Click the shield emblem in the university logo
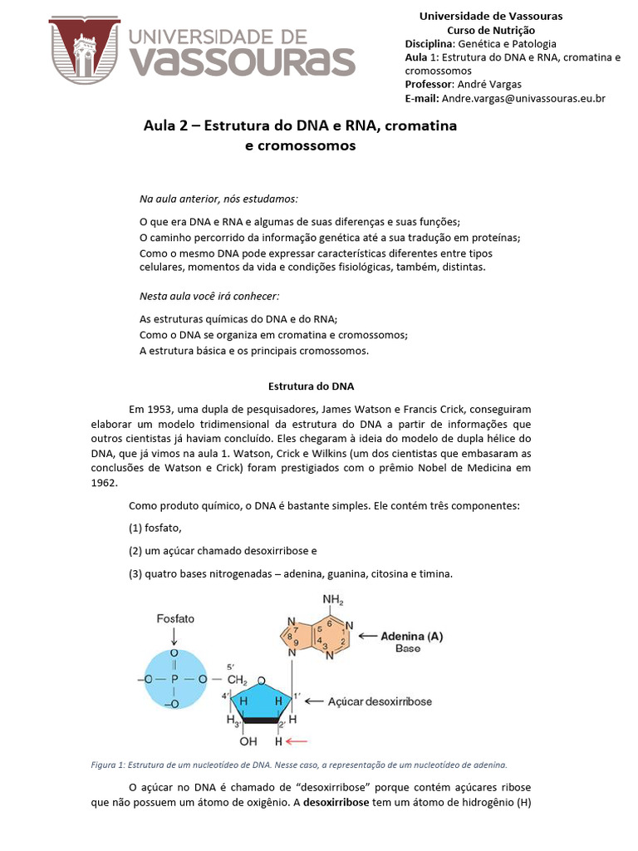[84, 51]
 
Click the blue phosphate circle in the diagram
[174, 679]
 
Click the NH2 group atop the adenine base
[332, 600]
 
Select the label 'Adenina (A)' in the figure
[411, 637]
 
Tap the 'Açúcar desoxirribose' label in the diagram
[381, 701]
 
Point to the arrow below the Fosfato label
[174, 637]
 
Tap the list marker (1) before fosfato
[136, 528]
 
